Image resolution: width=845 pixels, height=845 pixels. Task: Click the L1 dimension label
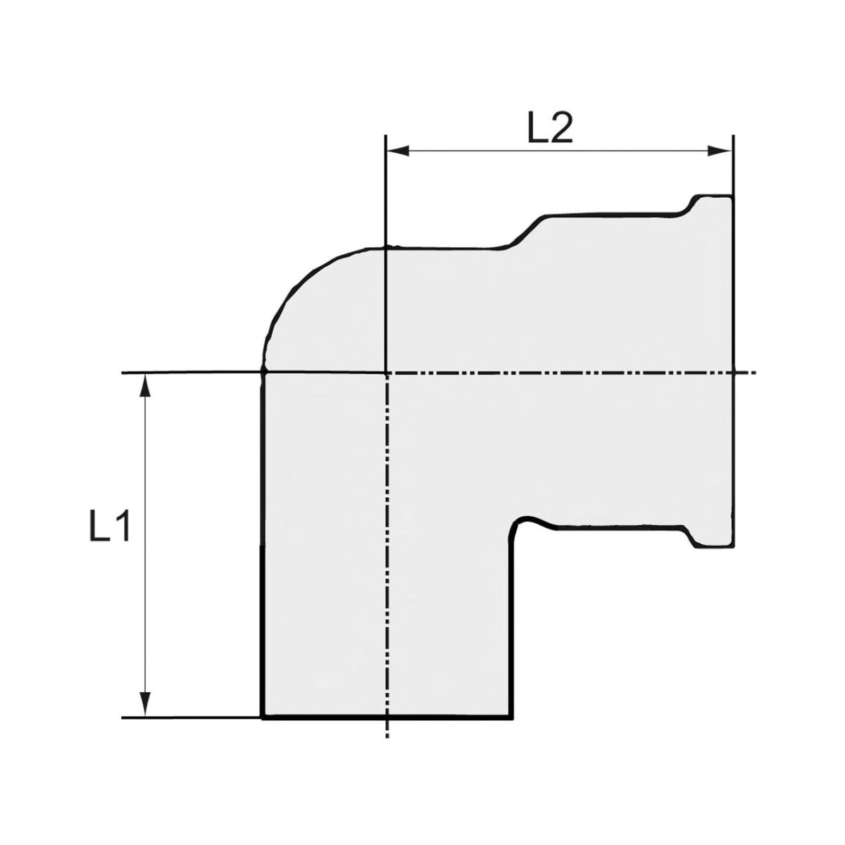pyautogui.click(x=109, y=527)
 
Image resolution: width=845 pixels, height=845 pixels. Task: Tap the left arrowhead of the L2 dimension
pyautogui.click(x=398, y=151)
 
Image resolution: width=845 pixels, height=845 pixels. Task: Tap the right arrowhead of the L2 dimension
pyautogui.click(x=720, y=151)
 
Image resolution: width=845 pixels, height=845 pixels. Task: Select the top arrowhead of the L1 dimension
pyautogui.click(x=145, y=386)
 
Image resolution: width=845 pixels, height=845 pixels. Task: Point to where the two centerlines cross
pyautogui.click(x=385, y=373)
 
